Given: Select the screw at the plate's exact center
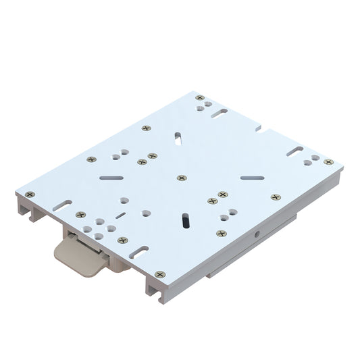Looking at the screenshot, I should [181, 178].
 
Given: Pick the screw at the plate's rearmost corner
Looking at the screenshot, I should [199, 98].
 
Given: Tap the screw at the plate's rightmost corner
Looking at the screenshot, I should [328, 162].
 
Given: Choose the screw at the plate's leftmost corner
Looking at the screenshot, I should [30, 194].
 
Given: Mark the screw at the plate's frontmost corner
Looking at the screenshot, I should [159, 274].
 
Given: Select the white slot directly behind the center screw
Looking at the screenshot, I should [177, 138].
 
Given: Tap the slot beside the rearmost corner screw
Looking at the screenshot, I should [218, 113].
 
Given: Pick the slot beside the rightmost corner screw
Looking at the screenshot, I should [296, 152].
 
